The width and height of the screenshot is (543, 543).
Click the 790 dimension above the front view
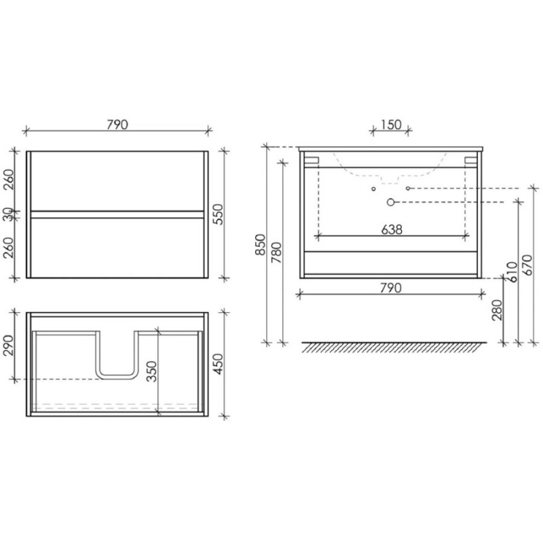tap(117, 125)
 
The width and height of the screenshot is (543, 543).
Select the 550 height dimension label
tap(218, 214)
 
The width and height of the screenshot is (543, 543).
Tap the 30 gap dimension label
tap(9, 214)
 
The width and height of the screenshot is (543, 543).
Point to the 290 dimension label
tap(8, 345)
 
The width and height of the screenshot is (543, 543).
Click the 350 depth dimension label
tap(151, 371)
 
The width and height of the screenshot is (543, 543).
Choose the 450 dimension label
tap(218, 364)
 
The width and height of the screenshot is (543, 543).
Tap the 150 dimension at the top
tap(391, 125)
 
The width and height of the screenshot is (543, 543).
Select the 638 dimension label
tap(392, 229)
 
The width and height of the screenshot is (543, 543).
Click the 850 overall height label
tap(260, 245)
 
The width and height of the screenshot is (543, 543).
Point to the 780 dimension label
tap(276, 252)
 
